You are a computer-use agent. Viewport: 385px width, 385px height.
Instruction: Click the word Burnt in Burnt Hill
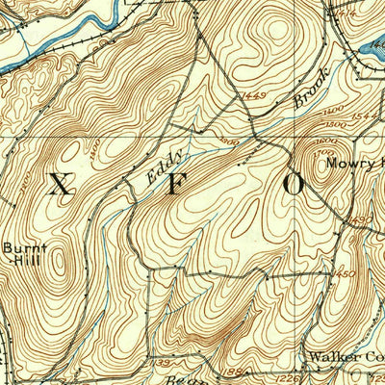click(24, 247)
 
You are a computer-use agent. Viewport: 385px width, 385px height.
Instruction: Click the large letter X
click(60, 185)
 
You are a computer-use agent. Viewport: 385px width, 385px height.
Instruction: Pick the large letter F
click(176, 185)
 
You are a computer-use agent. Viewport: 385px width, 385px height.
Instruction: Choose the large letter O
click(294, 183)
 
